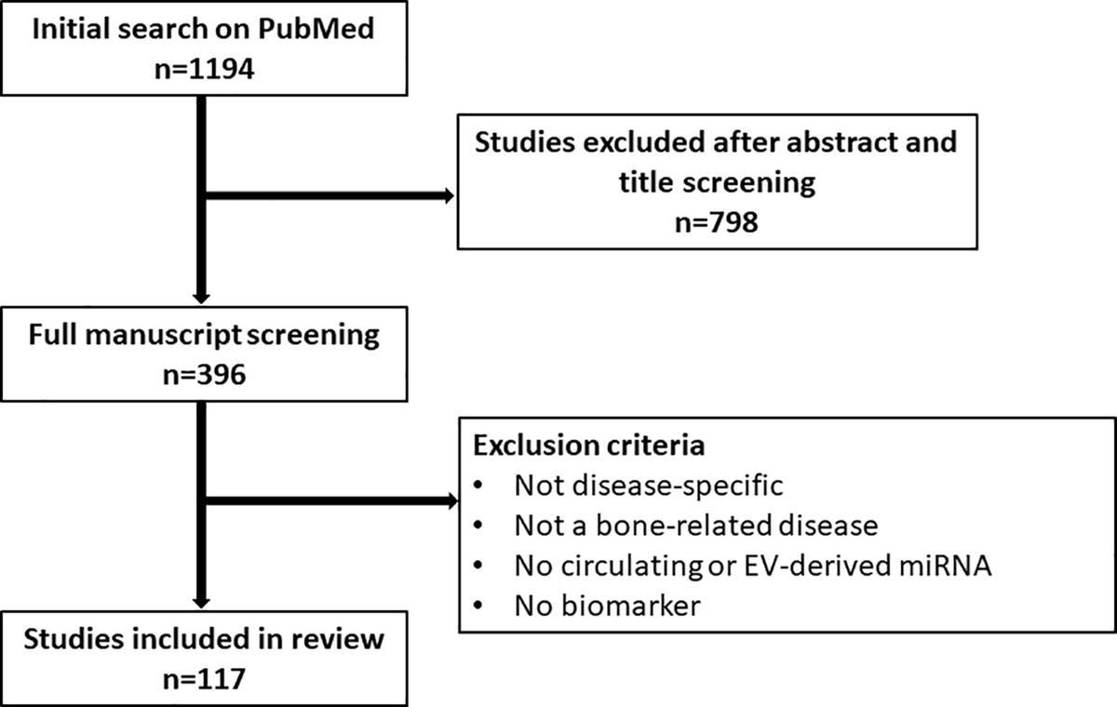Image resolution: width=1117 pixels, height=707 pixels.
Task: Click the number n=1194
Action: tap(205, 69)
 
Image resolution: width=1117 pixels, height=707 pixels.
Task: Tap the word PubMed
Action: tap(316, 29)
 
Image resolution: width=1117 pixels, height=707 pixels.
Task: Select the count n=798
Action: tap(717, 222)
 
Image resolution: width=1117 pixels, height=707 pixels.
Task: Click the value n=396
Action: tap(205, 374)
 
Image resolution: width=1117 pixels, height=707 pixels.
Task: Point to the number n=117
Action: tap(205, 678)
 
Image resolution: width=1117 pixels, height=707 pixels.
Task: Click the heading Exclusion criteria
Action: tap(589, 445)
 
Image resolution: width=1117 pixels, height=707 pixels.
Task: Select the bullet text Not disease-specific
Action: tap(649, 486)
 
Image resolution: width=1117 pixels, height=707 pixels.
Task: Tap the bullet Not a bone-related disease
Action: tap(696, 526)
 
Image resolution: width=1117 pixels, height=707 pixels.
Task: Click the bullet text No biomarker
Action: tap(607, 606)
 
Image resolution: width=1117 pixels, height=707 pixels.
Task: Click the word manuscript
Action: tap(164, 335)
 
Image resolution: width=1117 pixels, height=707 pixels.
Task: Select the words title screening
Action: tap(717, 182)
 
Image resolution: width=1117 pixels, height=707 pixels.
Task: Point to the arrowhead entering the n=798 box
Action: tap(450, 195)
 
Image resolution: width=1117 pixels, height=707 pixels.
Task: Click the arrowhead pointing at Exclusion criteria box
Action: tap(452, 500)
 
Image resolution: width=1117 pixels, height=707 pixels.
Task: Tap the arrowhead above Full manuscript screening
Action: tap(201, 298)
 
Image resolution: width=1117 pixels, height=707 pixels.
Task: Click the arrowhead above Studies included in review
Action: tap(201, 603)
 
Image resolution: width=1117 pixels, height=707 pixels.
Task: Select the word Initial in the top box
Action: tap(72, 29)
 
